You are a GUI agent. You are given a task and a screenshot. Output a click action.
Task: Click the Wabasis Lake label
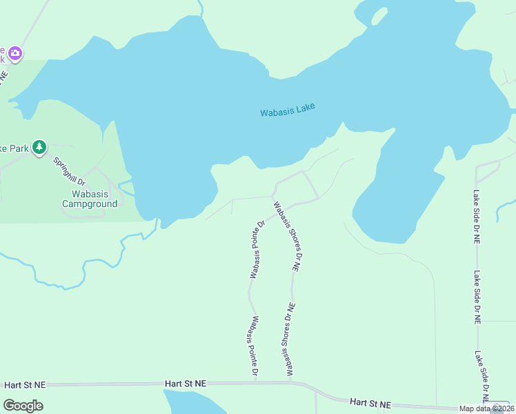click(x=288, y=110)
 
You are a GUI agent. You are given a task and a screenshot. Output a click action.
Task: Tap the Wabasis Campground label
click(x=90, y=199)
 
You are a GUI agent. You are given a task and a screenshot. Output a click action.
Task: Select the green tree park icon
click(x=40, y=146)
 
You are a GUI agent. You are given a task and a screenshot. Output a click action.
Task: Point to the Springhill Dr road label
click(x=69, y=171)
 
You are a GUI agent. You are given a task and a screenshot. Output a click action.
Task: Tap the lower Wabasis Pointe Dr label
click(x=255, y=346)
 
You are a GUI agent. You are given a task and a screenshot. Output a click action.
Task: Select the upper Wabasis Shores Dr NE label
click(x=288, y=237)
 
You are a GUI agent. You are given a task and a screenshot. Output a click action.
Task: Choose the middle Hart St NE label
click(x=186, y=382)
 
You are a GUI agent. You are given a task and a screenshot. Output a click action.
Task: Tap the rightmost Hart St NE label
click(x=370, y=404)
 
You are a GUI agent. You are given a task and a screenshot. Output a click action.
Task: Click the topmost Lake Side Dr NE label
click(x=476, y=217)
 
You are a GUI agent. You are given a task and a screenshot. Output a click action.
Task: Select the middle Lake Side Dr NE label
click(x=476, y=297)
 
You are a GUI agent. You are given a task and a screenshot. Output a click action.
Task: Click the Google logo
click(x=23, y=406)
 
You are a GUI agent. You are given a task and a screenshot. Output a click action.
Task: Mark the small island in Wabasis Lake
click(x=379, y=15)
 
